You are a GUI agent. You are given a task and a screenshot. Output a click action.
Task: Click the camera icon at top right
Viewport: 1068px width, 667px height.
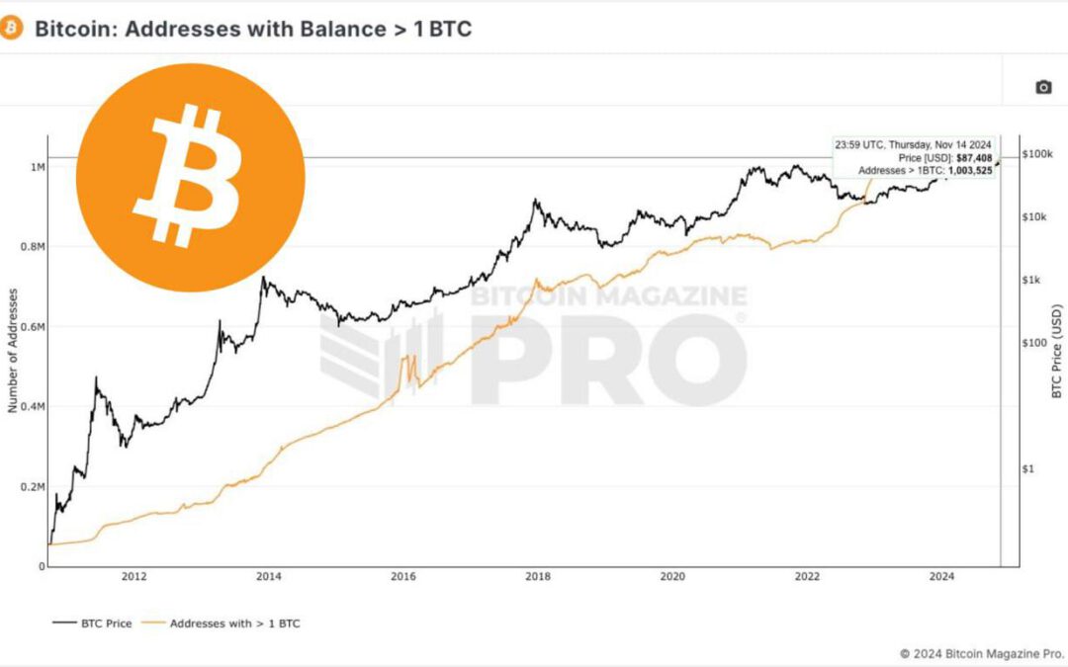(1043, 87)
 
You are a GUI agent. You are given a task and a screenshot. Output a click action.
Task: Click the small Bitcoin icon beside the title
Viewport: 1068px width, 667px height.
(12, 28)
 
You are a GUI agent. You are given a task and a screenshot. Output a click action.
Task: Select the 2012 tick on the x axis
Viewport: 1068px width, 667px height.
(134, 577)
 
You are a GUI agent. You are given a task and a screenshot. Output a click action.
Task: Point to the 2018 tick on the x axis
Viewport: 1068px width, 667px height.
(538, 577)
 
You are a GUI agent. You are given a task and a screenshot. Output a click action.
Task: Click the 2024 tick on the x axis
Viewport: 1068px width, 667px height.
(942, 577)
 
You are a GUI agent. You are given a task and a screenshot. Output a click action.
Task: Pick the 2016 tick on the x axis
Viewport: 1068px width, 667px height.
(403, 577)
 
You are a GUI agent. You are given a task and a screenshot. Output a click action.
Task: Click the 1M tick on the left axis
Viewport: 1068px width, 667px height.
(38, 167)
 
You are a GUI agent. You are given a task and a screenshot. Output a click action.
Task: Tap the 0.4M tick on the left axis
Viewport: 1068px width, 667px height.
(33, 407)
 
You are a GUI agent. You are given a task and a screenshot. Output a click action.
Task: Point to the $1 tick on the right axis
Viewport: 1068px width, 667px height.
(1029, 468)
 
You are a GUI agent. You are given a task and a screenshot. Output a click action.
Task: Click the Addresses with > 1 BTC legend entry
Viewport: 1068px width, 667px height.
(234, 624)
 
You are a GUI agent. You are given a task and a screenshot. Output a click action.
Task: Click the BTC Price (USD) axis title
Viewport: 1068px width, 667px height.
(1056, 352)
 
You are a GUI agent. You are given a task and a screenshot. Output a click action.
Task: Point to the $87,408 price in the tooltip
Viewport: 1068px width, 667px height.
(974, 158)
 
